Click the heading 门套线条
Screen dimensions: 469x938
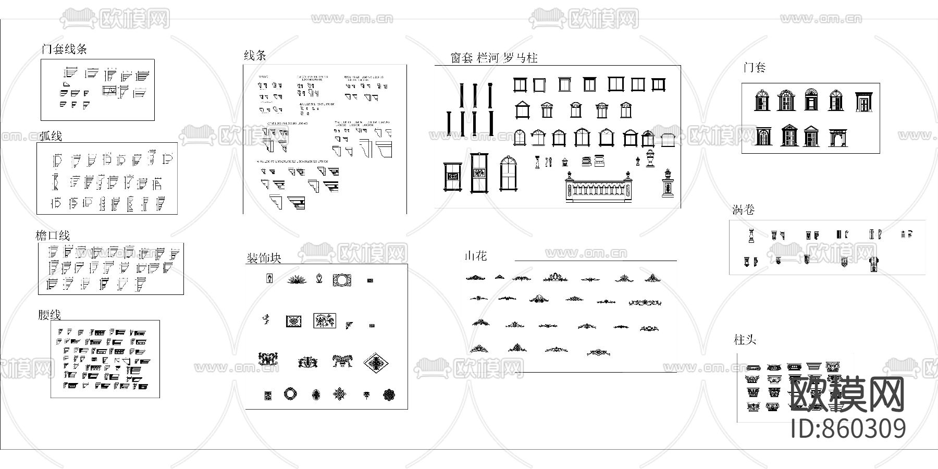[64, 50]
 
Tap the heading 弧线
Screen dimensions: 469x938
[51, 136]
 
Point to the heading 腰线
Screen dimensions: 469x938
[50, 315]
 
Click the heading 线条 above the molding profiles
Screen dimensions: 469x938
[255, 55]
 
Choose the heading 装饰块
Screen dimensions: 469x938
[264, 258]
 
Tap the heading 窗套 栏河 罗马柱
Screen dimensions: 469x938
[493, 58]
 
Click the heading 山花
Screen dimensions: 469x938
[476, 256]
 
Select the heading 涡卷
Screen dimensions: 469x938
[743, 210]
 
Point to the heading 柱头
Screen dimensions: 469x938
[745, 340]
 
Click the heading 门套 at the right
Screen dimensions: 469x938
[754, 67]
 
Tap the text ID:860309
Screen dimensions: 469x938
[848, 428]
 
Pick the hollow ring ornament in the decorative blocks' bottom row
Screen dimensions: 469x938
[290, 394]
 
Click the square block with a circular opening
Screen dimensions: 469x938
[342, 280]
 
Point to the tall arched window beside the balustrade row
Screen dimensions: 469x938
[507, 172]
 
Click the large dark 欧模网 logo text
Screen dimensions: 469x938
[847, 395]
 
